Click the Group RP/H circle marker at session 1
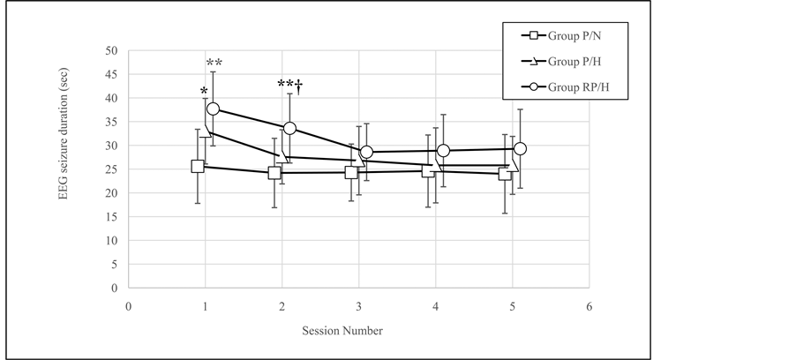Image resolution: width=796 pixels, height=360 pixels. pos(214,109)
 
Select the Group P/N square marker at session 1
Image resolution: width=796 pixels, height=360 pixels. pos(198,166)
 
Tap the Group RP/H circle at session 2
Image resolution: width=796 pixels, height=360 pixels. pos(289,129)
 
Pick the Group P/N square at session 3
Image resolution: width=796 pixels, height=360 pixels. pos(351,173)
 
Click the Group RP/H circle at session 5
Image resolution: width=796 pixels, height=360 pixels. pos(520,149)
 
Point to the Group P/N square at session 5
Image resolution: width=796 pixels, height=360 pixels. pos(505,174)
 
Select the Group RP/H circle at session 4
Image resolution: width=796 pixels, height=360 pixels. pos(443,150)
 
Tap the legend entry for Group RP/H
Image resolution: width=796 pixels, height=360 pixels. pos(565,86)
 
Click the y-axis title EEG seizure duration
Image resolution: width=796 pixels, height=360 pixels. pos(64,133)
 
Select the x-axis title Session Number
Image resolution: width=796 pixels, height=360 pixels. pos(342,331)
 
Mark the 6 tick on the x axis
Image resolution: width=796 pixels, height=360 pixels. pos(589,307)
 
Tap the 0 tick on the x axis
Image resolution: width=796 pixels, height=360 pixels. pos(129,307)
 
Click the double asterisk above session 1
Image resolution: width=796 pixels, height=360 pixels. pos(214,64)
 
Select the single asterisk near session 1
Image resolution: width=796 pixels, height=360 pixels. pos(204,92)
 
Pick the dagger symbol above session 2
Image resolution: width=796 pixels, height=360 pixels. pos(298,86)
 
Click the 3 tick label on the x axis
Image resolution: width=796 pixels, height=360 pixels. pos(358,307)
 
